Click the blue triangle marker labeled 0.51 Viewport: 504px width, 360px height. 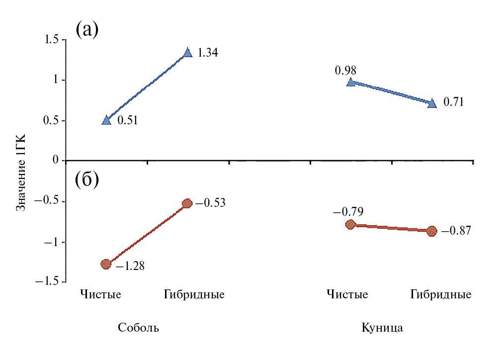tap(106, 120)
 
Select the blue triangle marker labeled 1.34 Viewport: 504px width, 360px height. tap(187, 52)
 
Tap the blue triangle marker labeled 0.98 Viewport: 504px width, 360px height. tap(350, 82)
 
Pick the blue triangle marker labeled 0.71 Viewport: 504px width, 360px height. tap(432, 103)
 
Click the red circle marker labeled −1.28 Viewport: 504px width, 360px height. tap(106, 264)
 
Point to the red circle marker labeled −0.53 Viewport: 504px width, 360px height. tap(187, 203)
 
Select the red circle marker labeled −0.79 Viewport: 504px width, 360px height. tap(350, 225)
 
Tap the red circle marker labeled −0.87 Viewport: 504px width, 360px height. tap(431, 231)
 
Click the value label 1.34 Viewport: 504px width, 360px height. tap(208, 53)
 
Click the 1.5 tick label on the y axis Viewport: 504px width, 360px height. tap(51, 40)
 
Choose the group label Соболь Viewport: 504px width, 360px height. tap(139, 328)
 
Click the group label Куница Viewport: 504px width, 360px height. tap(382, 328)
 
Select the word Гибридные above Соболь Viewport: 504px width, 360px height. tap(194, 294)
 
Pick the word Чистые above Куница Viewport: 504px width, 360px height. tap(347, 294)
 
